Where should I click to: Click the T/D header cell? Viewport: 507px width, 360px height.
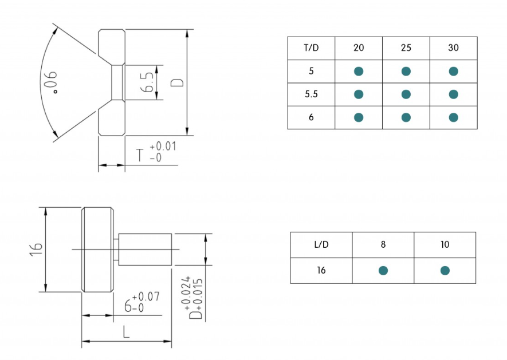point(311,48)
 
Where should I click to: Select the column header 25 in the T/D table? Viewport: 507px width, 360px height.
point(406,48)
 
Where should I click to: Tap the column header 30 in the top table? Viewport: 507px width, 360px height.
point(453,48)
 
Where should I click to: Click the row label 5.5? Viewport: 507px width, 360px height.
point(311,94)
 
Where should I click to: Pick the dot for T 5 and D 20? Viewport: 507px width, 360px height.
point(359,71)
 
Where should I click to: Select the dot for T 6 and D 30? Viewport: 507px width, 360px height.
point(453,117)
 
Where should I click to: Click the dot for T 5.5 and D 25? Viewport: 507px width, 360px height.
point(406,94)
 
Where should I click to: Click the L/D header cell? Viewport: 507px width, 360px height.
point(321,244)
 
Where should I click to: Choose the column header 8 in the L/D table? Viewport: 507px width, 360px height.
point(383,244)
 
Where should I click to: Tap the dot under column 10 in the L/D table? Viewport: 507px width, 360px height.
point(445,271)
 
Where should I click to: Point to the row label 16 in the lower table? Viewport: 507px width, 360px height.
point(321,270)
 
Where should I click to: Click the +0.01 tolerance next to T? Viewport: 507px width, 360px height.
point(163,147)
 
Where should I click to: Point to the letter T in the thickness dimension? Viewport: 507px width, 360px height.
point(140,155)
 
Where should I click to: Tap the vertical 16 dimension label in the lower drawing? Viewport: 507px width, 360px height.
point(36,249)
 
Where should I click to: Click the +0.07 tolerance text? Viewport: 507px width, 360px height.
point(146,296)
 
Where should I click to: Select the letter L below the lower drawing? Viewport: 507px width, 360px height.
point(127,332)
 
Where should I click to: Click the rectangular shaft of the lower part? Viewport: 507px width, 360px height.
point(145,250)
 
